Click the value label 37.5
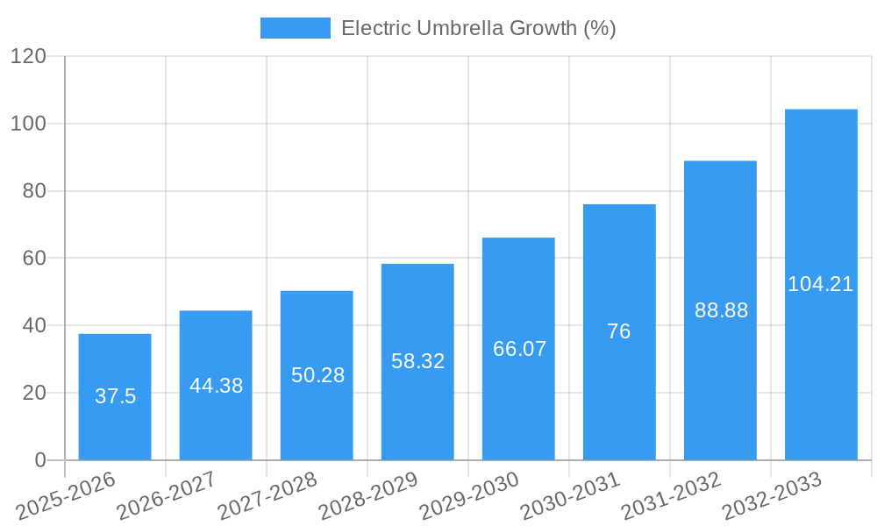115,396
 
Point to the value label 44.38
216,386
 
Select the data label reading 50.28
317,375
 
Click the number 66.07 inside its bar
519,349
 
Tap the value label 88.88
721,310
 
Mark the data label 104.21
821,284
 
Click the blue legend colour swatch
295,28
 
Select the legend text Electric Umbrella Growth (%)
478,28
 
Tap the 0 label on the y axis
39,460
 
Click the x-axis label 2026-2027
167,496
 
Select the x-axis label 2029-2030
469,496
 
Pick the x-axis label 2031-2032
671,496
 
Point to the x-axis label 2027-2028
267,496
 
